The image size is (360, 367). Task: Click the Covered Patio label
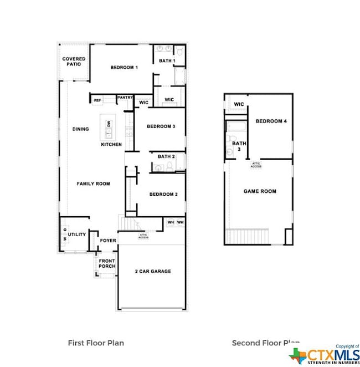click(x=74, y=61)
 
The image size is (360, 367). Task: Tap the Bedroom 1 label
click(x=124, y=68)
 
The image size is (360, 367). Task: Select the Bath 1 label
click(x=167, y=60)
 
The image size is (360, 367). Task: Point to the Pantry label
click(x=125, y=98)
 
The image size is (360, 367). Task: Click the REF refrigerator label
click(x=97, y=100)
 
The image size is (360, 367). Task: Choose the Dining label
click(x=80, y=129)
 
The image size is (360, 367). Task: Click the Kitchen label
click(x=111, y=145)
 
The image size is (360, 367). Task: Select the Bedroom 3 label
click(x=161, y=126)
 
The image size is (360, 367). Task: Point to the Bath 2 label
click(x=166, y=156)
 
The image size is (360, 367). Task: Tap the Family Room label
click(x=93, y=183)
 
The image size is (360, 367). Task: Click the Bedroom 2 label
click(x=163, y=194)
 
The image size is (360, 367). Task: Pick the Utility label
click(x=77, y=235)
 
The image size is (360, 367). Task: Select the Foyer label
click(x=107, y=241)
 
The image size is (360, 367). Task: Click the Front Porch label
click(x=107, y=263)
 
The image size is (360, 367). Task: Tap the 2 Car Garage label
click(x=153, y=271)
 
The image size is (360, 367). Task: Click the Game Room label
click(x=260, y=191)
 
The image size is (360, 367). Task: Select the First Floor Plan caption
click(x=95, y=343)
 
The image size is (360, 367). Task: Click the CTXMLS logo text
click(x=331, y=353)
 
